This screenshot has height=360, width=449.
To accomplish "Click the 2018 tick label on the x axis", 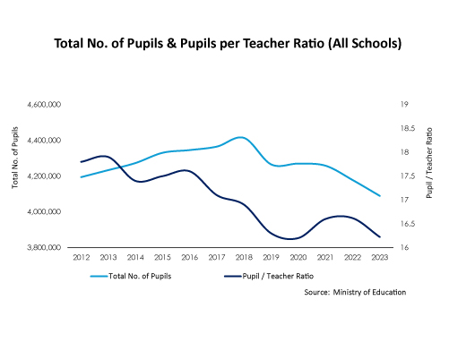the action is tap(244, 257).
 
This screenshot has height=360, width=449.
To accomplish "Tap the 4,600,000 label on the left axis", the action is tap(44, 105).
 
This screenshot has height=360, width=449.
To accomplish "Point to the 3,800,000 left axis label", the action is tap(44, 247).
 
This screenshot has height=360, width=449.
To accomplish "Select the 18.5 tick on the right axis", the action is tap(408, 128).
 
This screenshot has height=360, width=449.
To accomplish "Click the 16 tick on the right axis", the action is tap(404, 247).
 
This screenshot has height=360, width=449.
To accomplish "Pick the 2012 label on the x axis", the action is tap(82, 257).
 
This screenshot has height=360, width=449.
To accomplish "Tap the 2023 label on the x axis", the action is tap(380, 257).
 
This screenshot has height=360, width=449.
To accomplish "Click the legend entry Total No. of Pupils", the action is tap(131, 276).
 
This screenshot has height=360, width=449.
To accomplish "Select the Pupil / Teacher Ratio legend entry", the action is tap(269, 276).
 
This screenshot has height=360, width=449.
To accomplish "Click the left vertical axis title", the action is tap(15, 158).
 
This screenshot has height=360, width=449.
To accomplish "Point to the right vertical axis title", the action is tap(429, 163).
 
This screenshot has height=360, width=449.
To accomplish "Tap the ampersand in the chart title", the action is tap(171, 43).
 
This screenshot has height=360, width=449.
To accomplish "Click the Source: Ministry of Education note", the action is tap(355, 292).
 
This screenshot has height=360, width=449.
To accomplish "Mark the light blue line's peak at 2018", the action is tap(241, 137).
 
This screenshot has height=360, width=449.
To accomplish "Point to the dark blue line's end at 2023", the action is tap(380, 237).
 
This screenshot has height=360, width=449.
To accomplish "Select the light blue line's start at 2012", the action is tap(82, 177).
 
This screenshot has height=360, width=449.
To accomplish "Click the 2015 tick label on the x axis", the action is tap(162, 257).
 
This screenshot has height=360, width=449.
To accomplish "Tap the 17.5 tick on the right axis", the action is tap(408, 176).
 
